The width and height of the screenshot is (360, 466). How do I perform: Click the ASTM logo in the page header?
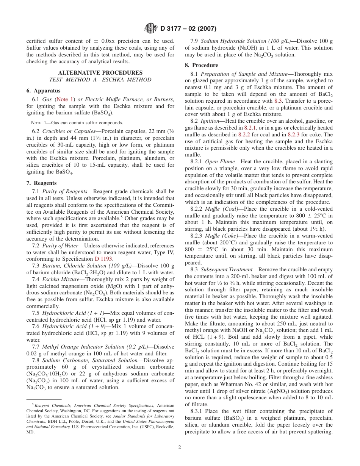point(151,28)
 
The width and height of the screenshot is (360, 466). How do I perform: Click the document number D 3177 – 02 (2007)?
point(188,28)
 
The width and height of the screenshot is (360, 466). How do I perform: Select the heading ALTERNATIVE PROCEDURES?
point(100,73)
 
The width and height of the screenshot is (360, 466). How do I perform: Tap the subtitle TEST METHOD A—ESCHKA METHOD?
point(100,80)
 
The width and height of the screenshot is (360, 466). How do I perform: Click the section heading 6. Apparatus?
point(43,91)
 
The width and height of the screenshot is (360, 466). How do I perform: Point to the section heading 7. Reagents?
point(41,183)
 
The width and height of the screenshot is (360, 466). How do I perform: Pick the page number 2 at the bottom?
point(180,447)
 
